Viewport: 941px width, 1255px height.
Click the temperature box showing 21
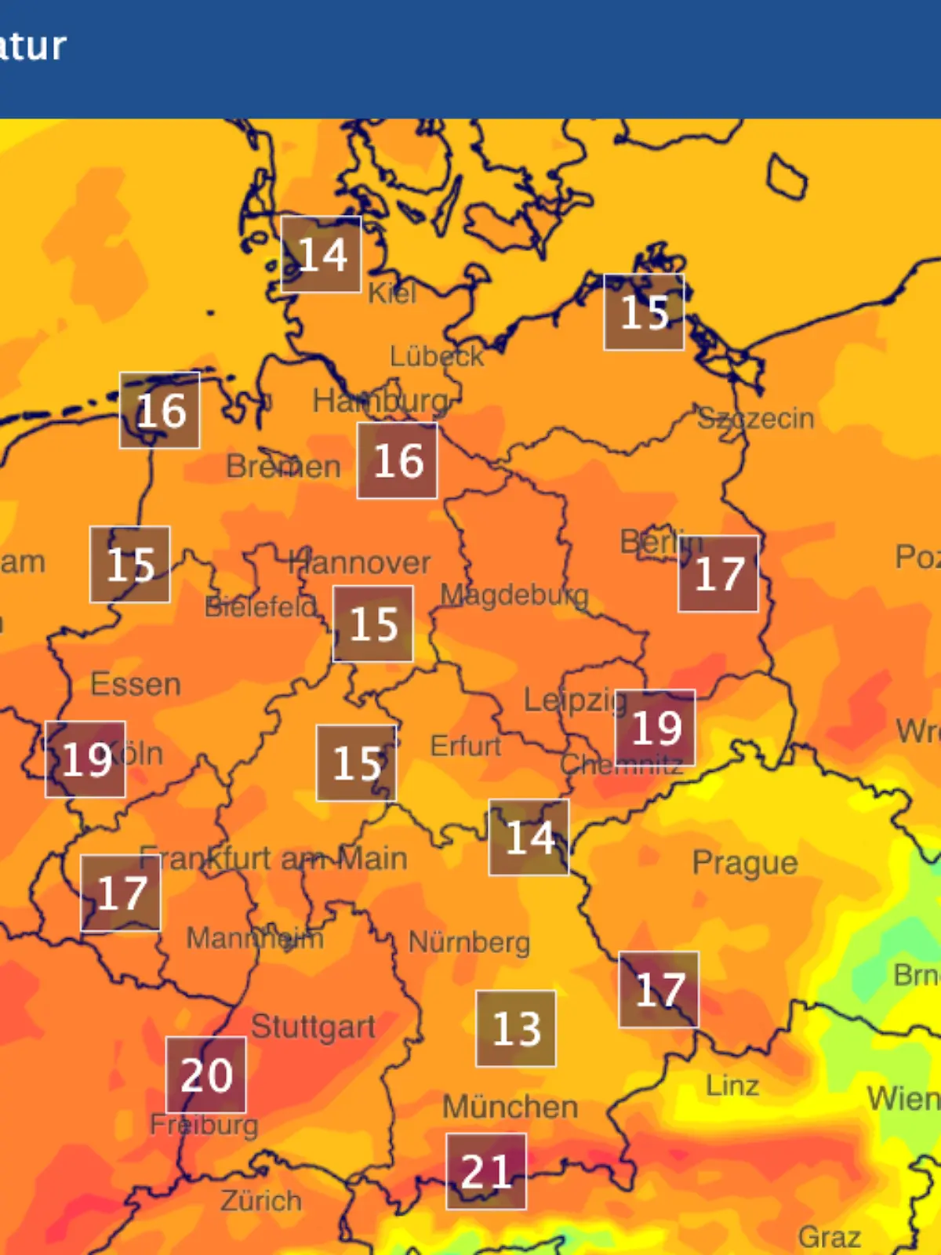[x=486, y=1171]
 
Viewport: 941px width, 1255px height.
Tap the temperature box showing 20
[x=206, y=1075]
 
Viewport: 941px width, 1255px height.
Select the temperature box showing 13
[x=516, y=1028]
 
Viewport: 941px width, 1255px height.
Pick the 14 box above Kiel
[x=322, y=254]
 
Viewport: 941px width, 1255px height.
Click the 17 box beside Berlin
[x=718, y=573]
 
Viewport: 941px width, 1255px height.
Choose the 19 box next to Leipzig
[x=656, y=728]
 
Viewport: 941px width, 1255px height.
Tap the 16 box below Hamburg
[x=398, y=460]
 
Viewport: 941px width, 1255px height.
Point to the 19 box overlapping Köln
[x=85, y=759]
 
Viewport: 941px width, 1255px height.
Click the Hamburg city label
[x=381, y=402]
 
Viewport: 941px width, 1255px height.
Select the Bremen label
[x=283, y=467]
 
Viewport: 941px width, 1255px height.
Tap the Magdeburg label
[x=514, y=595]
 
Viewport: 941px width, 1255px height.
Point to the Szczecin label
[x=756, y=418]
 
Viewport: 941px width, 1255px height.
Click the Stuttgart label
[x=313, y=1027]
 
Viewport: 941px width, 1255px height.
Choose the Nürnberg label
[x=469, y=942]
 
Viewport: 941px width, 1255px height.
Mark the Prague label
[x=745, y=863]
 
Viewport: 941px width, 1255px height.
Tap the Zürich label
[x=261, y=1200]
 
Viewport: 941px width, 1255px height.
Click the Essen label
[x=136, y=684]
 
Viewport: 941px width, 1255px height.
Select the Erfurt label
[x=465, y=745]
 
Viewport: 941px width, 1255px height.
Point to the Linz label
[x=732, y=1086]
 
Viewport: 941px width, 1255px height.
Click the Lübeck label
[x=437, y=356]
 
